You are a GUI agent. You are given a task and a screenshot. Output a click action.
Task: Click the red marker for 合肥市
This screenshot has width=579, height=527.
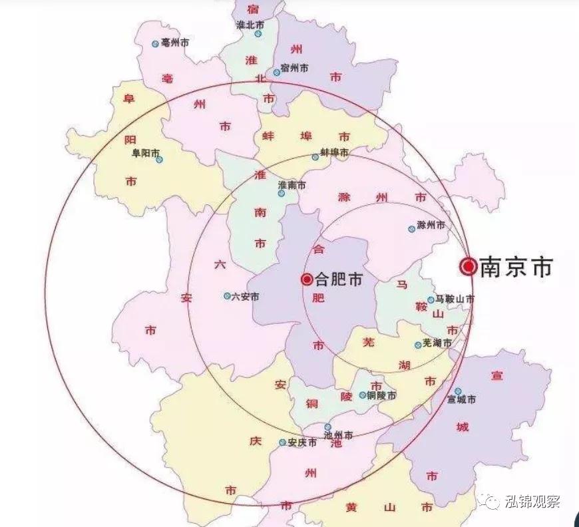point(306,279)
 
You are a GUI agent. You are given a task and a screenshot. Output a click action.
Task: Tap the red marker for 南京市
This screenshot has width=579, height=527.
point(469,267)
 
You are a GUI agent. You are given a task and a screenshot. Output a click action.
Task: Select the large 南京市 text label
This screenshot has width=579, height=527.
point(516,267)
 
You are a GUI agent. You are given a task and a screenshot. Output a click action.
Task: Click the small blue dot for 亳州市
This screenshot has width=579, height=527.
point(155,43)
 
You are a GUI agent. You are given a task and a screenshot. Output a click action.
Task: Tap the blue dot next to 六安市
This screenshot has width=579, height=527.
point(227,296)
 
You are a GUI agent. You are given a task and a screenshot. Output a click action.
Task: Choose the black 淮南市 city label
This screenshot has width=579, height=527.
point(292,184)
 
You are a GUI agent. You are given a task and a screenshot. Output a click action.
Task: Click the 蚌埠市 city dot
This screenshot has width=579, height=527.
point(315,158)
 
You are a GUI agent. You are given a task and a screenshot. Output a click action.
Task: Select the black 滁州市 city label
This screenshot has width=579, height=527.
point(432,226)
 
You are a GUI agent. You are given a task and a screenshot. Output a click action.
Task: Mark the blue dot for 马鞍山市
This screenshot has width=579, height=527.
point(431,300)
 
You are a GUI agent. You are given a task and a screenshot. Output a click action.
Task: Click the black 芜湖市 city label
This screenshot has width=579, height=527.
point(438,343)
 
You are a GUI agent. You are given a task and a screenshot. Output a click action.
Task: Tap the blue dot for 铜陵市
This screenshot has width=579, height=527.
point(363,395)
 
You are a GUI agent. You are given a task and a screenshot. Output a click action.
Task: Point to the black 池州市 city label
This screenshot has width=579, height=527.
point(338,435)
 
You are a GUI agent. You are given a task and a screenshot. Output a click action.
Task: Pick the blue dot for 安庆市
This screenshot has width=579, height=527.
point(282,442)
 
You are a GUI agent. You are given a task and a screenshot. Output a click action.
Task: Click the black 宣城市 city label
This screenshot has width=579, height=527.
point(462,400)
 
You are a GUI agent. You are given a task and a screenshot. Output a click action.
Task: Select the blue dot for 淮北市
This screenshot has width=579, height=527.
point(258,33)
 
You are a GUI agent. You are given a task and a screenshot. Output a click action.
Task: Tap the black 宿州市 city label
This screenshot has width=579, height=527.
point(295,68)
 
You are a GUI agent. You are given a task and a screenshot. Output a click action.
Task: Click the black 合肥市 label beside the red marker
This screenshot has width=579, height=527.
point(339,279)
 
